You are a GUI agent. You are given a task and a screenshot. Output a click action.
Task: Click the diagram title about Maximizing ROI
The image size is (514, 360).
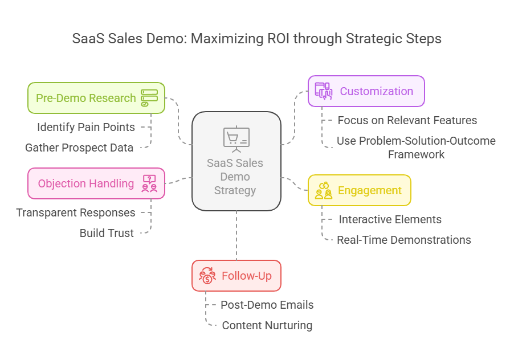tap(256, 39)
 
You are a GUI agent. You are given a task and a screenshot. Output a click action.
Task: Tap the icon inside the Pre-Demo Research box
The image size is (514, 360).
tap(149, 98)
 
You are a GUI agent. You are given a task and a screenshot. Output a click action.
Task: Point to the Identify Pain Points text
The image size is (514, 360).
tap(86, 127)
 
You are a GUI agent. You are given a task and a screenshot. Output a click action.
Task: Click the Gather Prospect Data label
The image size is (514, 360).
tap(79, 148)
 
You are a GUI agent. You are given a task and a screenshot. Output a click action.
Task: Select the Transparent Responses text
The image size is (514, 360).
tap(76, 212)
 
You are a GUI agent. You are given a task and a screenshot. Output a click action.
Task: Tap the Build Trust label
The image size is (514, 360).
tap(107, 233)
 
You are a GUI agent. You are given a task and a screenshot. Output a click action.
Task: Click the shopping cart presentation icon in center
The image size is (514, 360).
tap(236, 138)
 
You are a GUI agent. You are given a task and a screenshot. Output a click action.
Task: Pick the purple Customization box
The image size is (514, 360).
tap(366, 91)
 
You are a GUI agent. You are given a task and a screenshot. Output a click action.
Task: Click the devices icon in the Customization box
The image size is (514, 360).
tap(324, 91)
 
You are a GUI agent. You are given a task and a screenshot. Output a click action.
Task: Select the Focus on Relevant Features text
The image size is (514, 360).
tap(407, 120)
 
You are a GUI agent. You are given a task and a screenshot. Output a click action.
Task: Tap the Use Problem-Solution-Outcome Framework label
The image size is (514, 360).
tap(416, 148)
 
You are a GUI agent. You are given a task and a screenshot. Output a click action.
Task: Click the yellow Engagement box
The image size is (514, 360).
tap(359, 190)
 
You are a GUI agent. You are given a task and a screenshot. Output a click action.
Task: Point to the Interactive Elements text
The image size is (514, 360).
tap(390, 219)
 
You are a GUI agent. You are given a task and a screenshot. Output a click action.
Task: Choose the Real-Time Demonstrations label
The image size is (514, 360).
tap(403, 240)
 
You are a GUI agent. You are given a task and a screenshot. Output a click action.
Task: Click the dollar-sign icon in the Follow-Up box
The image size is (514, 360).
tap(207, 276)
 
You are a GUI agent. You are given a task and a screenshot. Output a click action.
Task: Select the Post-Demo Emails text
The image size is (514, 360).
tap(267, 305)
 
